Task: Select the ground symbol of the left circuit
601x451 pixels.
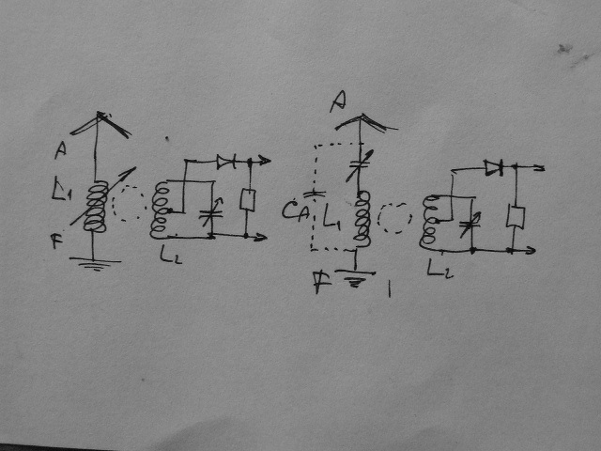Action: [x=94, y=262]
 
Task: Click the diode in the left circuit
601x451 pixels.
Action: [x=225, y=162]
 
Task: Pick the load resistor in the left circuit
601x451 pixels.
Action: [x=247, y=199]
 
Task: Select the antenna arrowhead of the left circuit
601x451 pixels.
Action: [x=98, y=120]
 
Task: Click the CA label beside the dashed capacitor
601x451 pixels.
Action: [x=293, y=210]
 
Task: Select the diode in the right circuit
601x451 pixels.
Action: [x=494, y=167]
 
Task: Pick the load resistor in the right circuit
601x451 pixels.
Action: [x=515, y=217]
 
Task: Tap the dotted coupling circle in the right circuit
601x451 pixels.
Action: [x=394, y=219]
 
